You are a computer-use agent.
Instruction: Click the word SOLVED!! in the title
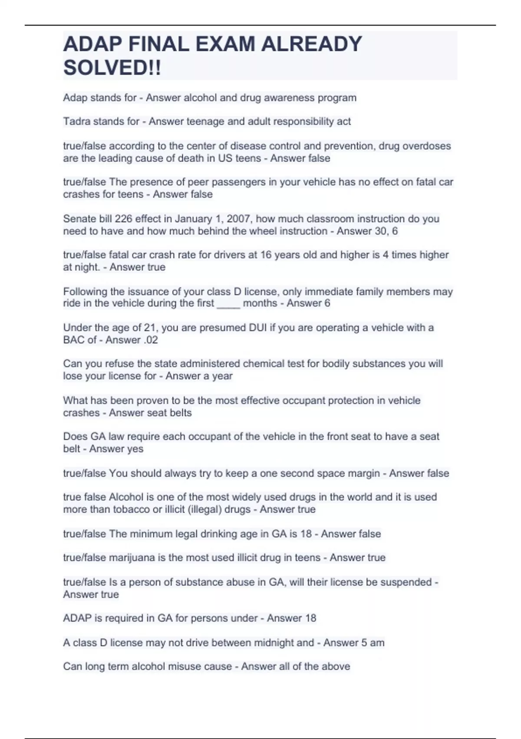(x=112, y=68)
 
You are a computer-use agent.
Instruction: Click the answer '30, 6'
(x=386, y=231)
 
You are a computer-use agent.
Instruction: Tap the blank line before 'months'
(x=228, y=303)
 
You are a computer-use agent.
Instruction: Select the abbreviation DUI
(x=251, y=328)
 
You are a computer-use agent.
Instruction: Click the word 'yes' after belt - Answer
(x=135, y=449)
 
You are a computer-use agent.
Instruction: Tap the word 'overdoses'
(x=427, y=146)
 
